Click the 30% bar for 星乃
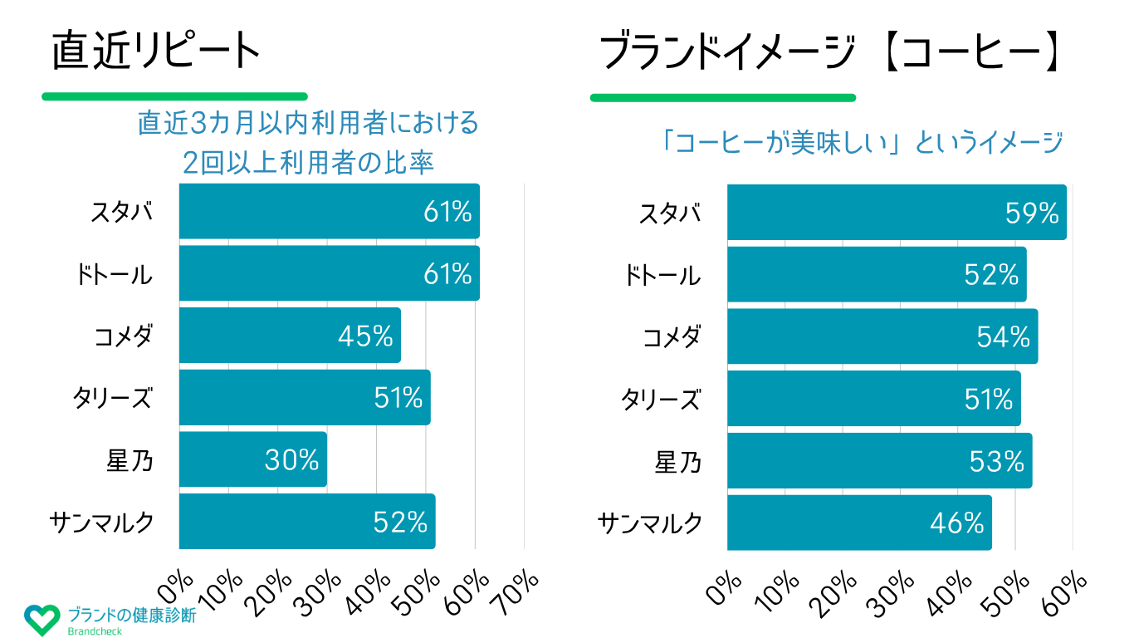[x=252, y=459]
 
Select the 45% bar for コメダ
[x=290, y=336]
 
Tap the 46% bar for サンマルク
[x=859, y=523]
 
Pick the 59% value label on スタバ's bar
[x=1032, y=213]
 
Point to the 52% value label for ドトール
[x=991, y=275]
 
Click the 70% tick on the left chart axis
[x=520, y=591]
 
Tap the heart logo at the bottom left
[x=42, y=620]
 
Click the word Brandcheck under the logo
[x=95, y=631]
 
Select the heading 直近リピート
[x=156, y=52]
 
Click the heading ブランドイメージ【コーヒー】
[x=830, y=54]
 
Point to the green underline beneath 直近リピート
[x=174, y=96]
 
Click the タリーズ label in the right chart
[x=661, y=400]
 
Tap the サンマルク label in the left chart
[x=101, y=522]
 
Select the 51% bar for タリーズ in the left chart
[x=305, y=398]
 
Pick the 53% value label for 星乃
[x=997, y=461]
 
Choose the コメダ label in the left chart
[x=123, y=336]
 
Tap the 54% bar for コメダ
[x=882, y=336]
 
